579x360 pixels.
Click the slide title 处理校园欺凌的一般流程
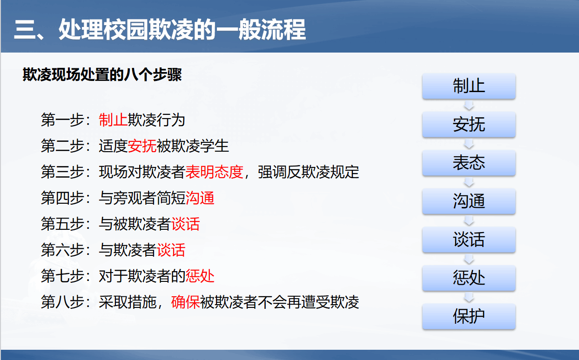(x=182, y=29)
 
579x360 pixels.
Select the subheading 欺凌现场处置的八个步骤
(x=102, y=74)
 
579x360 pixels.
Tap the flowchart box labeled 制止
(x=469, y=86)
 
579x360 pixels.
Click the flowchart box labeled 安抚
(x=469, y=125)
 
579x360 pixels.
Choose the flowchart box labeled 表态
(x=469, y=163)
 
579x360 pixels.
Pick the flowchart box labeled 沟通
(x=469, y=201)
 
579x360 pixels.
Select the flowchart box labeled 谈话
(x=469, y=240)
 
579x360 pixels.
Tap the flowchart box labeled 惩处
(x=469, y=278)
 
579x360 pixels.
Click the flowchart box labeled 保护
(x=469, y=316)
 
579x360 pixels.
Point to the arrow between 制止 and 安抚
(x=469, y=106)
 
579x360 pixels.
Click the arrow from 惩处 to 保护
(x=469, y=297)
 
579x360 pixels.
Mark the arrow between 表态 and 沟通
(x=469, y=182)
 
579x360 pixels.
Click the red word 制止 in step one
(x=113, y=120)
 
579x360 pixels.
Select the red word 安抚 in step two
(x=142, y=146)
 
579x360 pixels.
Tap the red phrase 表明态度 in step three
(x=214, y=172)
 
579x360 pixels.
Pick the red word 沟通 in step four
(x=200, y=198)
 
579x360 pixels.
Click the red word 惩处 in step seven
(x=200, y=276)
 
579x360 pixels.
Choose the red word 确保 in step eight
(x=185, y=302)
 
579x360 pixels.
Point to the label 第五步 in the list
(x=62, y=224)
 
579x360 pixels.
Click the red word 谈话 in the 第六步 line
(x=171, y=250)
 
